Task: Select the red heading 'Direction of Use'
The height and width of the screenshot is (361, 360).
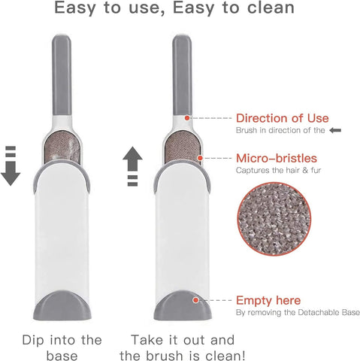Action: [282, 118]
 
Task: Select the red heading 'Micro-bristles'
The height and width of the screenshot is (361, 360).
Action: [276, 159]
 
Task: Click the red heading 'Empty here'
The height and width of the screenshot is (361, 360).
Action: [268, 300]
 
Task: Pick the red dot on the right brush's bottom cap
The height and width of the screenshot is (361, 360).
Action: [195, 299]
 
